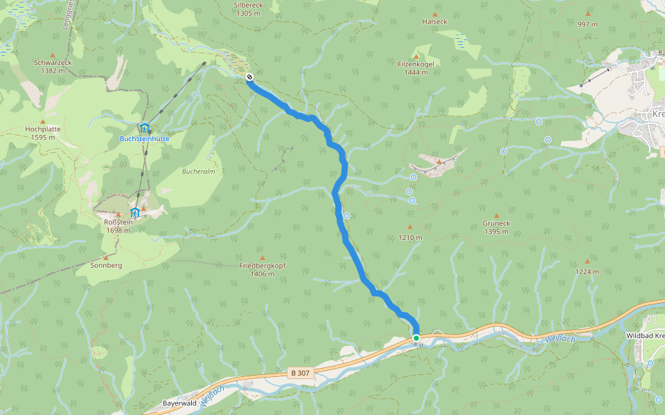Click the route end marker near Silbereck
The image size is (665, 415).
[249, 77]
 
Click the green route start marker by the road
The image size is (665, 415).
[416, 338]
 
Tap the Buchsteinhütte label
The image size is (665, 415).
[144, 138]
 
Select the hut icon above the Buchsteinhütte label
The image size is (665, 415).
[144, 128]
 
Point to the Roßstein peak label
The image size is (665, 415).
[114, 221]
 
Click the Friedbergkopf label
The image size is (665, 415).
[262, 266]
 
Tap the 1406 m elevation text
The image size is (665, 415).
[262, 274]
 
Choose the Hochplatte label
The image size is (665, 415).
[43, 129]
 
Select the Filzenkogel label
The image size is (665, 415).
[415, 64]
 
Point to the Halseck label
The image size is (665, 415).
[435, 21]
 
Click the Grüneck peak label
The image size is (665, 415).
[496, 223]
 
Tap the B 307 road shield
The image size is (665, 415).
[300, 373]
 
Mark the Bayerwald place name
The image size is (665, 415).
[181, 403]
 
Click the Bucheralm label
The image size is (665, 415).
[196, 171]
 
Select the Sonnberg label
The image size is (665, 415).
[106, 265]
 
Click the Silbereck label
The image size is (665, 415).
[249, 4]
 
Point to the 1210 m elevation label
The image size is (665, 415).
[409, 237]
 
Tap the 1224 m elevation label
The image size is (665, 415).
[587, 272]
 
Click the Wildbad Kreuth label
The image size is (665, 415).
[644, 335]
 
